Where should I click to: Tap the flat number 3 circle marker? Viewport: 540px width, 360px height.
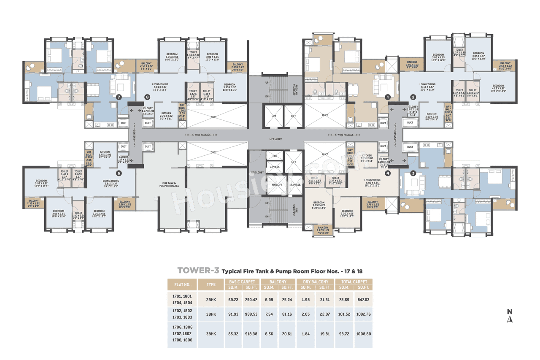(413, 173)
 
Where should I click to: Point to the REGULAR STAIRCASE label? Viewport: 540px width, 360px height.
(294, 90)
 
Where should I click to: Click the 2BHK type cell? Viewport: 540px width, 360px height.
(211, 299)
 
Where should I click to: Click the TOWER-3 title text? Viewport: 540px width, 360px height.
(198, 270)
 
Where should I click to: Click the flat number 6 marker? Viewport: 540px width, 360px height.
(119, 173)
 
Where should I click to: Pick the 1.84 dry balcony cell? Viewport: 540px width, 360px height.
(306, 333)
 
